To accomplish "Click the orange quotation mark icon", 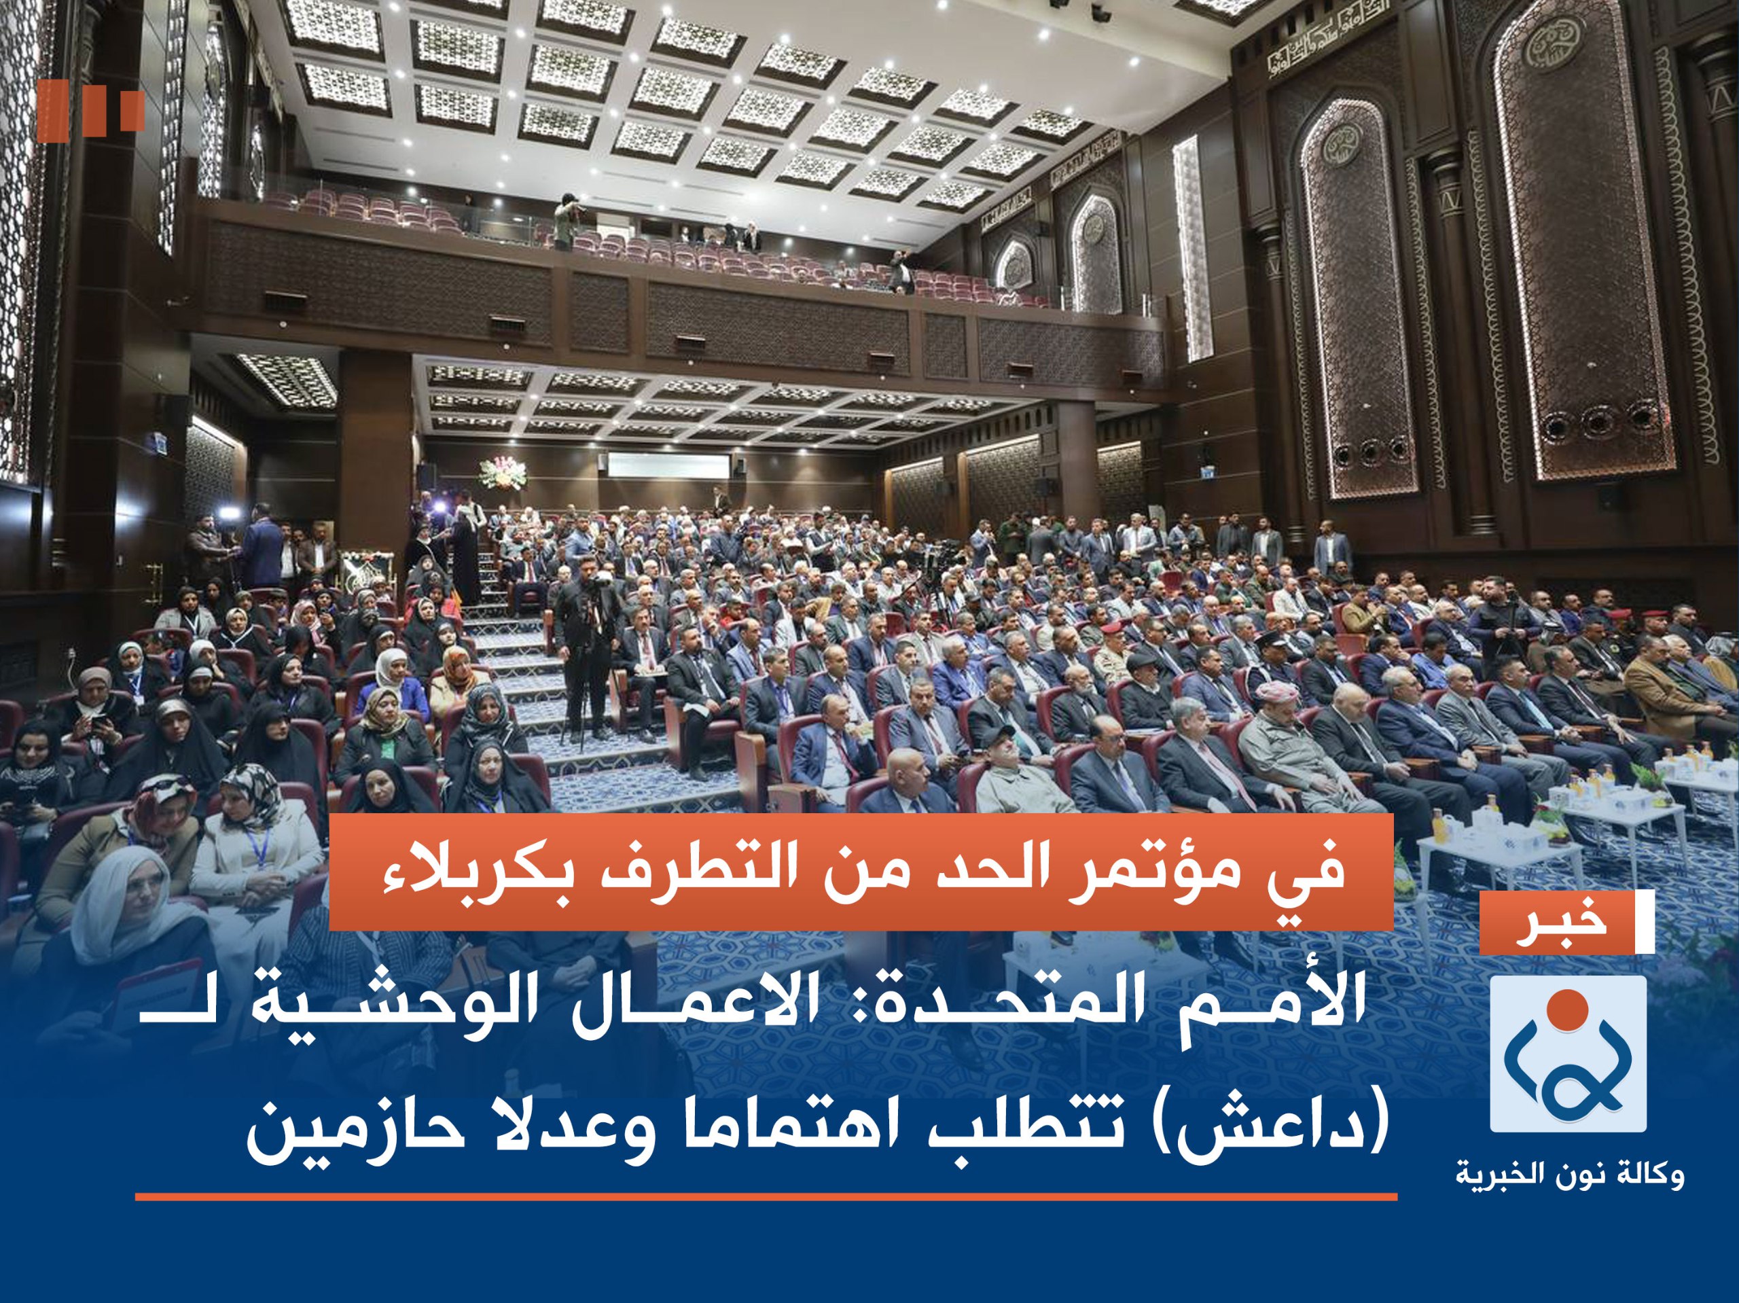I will (x=90, y=111).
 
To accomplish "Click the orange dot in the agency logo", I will (x=1568, y=1014).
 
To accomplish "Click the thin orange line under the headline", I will (x=766, y=1198).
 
